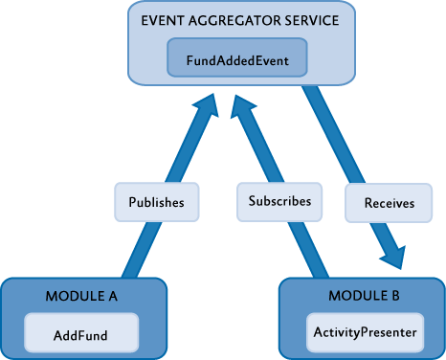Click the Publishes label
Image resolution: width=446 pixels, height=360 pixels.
pos(157,202)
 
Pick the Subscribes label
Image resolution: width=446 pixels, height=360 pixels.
pos(279,202)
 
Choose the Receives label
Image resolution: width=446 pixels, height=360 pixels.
pos(389,203)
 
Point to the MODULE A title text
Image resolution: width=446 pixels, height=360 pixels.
pos(81,297)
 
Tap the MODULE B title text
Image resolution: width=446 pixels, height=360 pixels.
pos(361,297)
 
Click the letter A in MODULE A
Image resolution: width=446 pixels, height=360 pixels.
pos(112,297)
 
